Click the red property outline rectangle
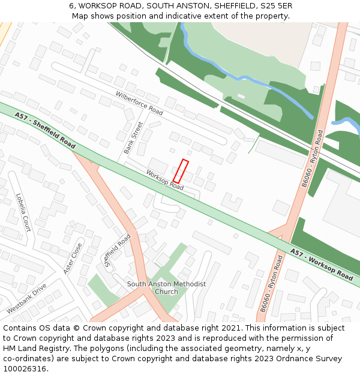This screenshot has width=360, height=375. (x=181, y=171)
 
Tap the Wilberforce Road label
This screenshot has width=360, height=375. (x=139, y=103)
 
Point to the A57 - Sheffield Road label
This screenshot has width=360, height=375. (x=45, y=130)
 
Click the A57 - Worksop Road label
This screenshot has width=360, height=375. (x=321, y=265)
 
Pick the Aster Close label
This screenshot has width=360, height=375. (x=73, y=258)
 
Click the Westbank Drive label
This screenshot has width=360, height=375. (x=26, y=299)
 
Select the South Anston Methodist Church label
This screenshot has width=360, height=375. (x=166, y=287)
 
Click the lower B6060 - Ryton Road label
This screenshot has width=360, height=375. (x=271, y=284)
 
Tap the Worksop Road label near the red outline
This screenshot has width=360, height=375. (x=164, y=179)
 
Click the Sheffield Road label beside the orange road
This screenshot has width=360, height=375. (x=118, y=250)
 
